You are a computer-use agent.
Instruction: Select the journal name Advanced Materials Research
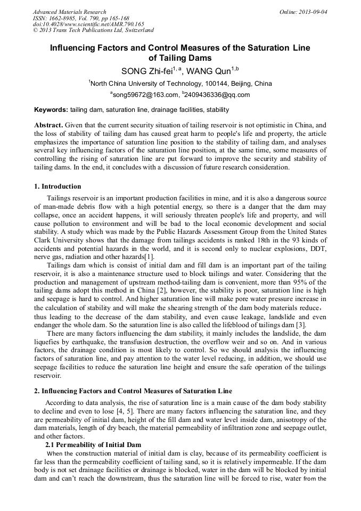pyautogui.click(x=69, y=12)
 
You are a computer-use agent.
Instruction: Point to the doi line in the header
pyautogui.click(x=88, y=25)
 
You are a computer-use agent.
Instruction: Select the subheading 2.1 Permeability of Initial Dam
pyautogui.click(x=93, y=444)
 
